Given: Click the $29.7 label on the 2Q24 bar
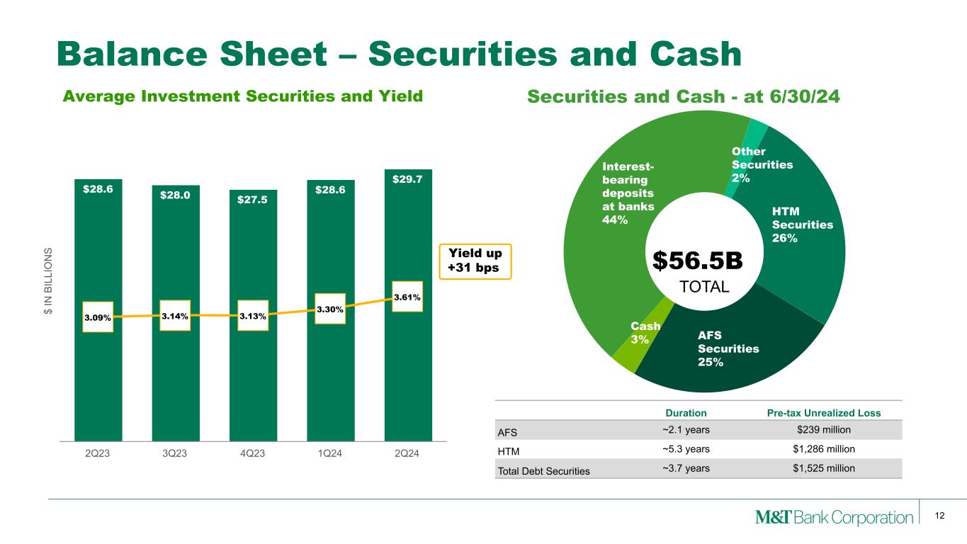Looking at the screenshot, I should click(407, 180).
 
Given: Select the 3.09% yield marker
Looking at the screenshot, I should click(98, 317).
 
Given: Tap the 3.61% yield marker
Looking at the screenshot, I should click(407, 297).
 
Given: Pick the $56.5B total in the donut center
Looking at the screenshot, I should click(697, 261).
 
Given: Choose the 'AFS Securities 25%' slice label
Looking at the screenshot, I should click(728, 348).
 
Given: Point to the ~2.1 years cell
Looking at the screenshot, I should click(685, 429).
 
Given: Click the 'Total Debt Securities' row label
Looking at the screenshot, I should click(543, 470).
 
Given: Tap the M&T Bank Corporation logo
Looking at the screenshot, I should click(833, 518).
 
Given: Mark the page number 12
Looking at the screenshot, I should click(940, 516).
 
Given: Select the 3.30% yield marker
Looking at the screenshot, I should click(330, 310).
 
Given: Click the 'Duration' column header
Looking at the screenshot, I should click(685, 413).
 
